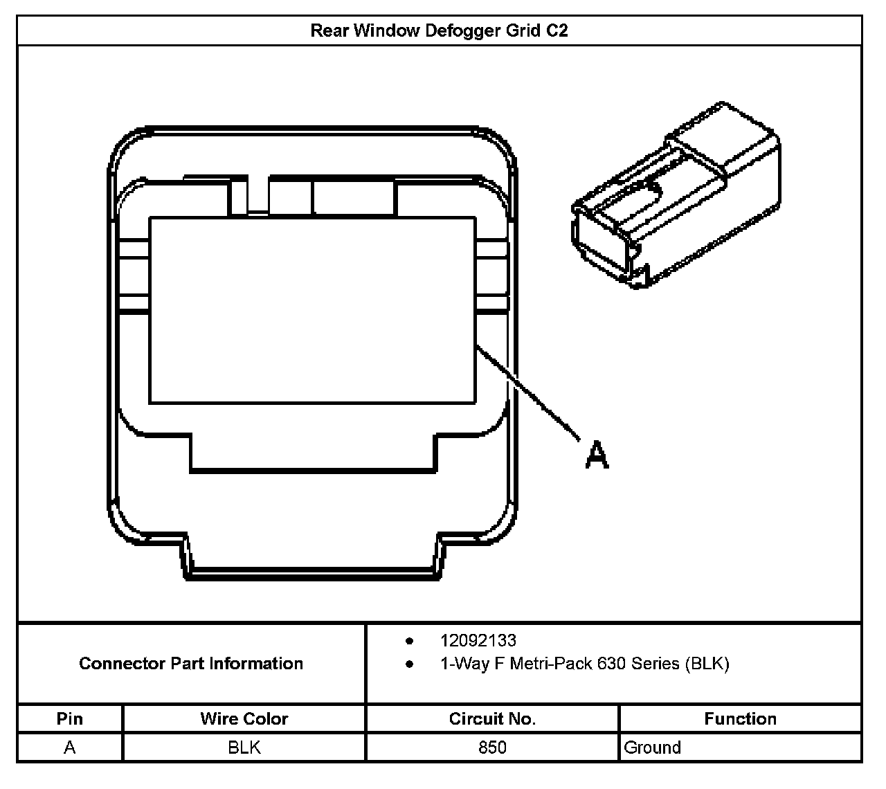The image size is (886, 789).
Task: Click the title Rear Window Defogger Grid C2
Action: pyautogui.click(x=439, y=31)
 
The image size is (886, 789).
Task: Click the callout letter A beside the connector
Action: pyautogui.click(x=597, y=455)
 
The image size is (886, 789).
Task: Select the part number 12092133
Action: pyautogui.click(x=478, y=641)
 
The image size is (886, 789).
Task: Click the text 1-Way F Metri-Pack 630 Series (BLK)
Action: pyautogui.click(x=584, y=664)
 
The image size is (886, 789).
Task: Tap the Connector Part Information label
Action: pyautogui.click(x=191, y=664)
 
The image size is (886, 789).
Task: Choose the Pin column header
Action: pyautogui.click(x=70, y=718)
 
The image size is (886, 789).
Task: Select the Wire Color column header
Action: pyautogui.click(x=244, y=718)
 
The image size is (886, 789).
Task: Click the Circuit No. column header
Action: pyautogui.click(x=492, y=718)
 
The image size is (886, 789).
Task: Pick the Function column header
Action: pyautogui.click(x=740, y=718)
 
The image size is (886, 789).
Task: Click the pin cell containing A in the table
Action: pyautogui.click(x=70, y=747)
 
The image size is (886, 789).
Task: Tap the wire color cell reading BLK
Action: pyautogui.click(x=244, y=747)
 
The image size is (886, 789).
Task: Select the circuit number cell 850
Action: pyautogui.click(x=492, y=747)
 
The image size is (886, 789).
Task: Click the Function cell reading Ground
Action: pyautogui.click(x=652, y=747)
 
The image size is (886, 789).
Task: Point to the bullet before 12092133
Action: pyautogui.click(x=410, y=641)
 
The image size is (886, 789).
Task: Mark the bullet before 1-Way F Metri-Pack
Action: pyautogui.click(x=410, y=664)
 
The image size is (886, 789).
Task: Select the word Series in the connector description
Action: pyautogui.click(x=654, y=664)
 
